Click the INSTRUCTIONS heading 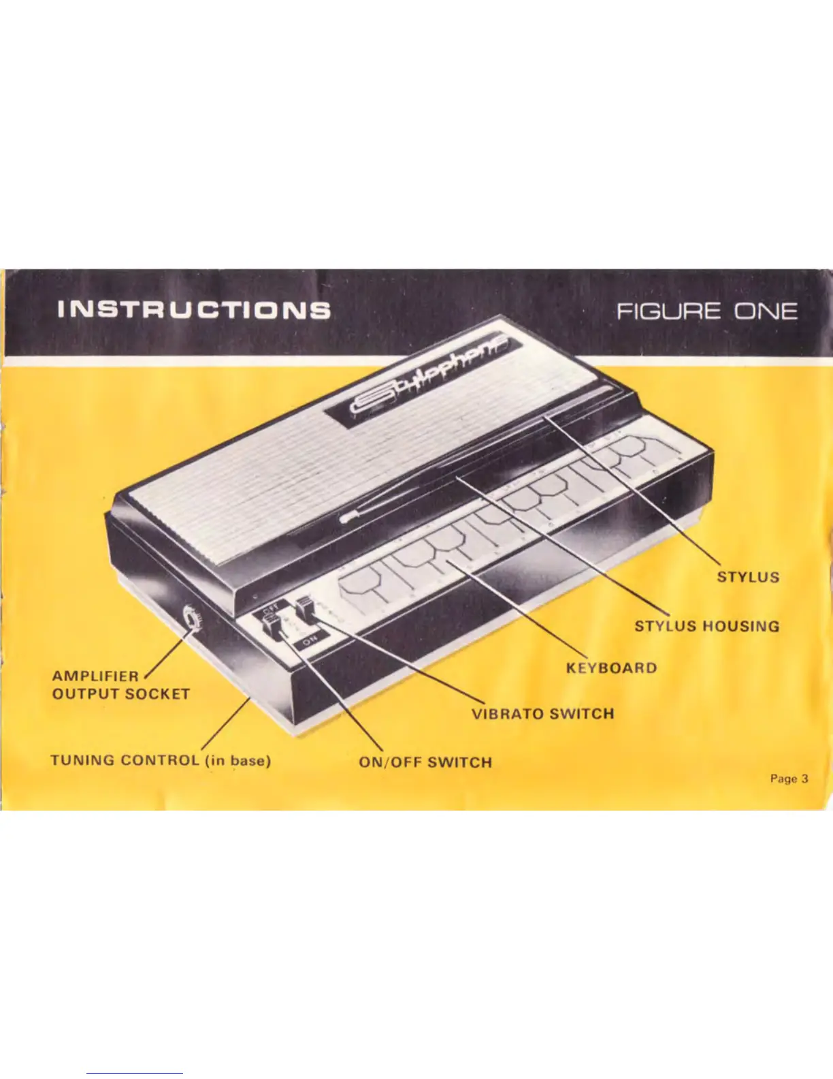(x=194, y=310)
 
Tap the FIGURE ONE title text (x=706, y=312)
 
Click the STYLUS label (x=748, y=577)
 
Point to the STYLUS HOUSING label (x=706, y=626)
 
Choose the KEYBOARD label (x=611, y=668)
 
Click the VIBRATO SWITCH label (x=542, y=714)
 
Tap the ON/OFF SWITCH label (x=425, y=762)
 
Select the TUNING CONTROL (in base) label (x=161, y=760)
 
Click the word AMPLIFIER (x=95, y=676)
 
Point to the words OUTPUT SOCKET (x=120, y=694)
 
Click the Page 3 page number (x=789, y=779)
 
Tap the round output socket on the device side (x=192, y=621)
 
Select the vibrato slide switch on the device (x=306, y=606)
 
